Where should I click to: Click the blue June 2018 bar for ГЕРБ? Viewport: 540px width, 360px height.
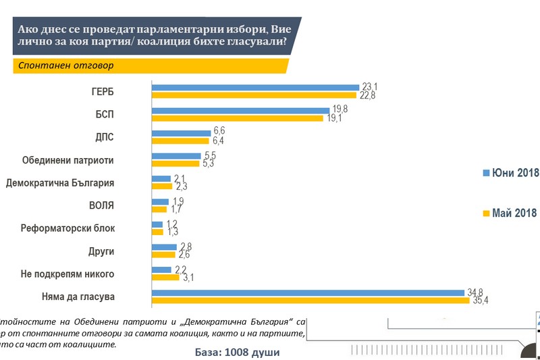[255, 87]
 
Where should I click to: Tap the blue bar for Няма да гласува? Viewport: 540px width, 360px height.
[309, 292]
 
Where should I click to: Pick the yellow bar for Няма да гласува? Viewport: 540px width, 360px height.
[310, 300]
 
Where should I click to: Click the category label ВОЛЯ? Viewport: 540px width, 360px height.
[101, 205]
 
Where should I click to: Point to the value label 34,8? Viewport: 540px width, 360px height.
[475, 292]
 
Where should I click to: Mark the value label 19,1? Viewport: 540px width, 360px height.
[335, 118]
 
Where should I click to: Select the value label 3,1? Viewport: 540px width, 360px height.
[190, 278]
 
